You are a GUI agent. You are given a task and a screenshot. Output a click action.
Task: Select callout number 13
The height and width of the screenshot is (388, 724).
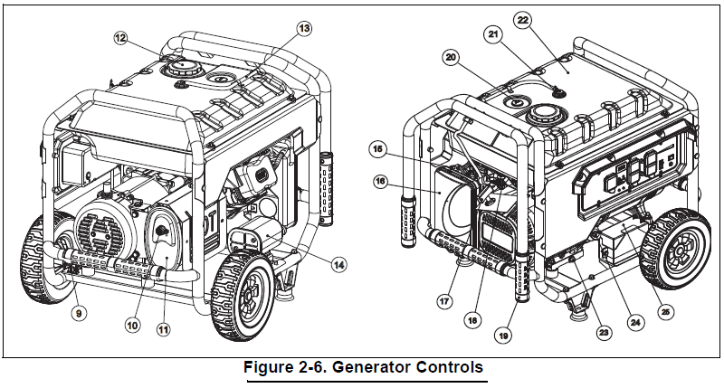pyautogui.click(x=304, y=29)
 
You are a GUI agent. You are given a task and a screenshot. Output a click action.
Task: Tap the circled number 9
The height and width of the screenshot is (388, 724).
pyautogui.click(x=81, y=314)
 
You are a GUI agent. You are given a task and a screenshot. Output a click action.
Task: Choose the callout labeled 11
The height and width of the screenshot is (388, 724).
pyautogui.click(x=164, y=330)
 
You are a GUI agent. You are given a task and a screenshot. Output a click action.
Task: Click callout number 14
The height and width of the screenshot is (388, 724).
pyautogui.click(x=338, y=265)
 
